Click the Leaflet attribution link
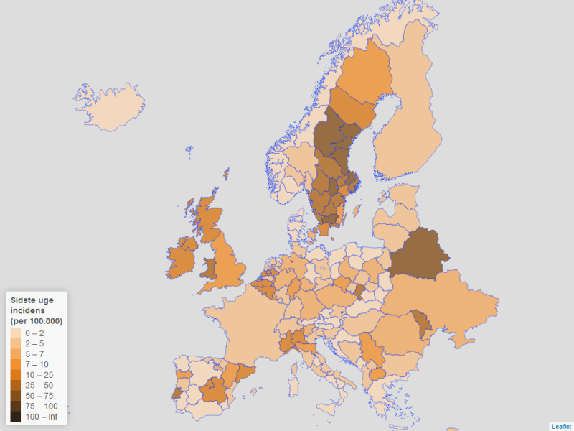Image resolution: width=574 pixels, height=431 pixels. (561, 426)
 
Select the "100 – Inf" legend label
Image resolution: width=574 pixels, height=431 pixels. (42, 416)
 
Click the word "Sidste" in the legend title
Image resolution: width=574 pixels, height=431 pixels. (24, 300)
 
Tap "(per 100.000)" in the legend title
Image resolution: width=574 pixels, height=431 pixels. (36, 320)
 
